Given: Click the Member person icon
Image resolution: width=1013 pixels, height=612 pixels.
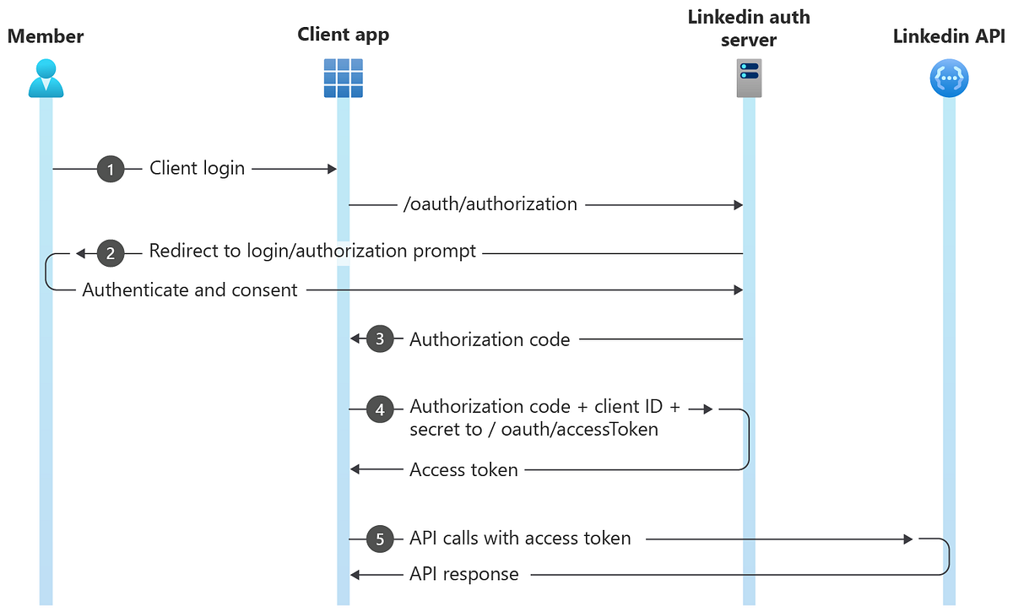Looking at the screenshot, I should pyautogui.click(x=46, y=79).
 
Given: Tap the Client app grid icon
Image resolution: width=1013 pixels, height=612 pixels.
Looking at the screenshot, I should pyautogui.click(x=344, y=79).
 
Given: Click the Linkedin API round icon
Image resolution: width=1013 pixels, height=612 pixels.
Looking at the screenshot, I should pyautogui.click(x=949, y=79).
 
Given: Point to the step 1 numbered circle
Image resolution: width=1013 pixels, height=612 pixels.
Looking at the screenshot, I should pyautogui.click(x=110, y=169).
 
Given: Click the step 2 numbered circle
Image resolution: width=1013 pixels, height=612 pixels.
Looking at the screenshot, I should pyautogui.click(x=110, y=252).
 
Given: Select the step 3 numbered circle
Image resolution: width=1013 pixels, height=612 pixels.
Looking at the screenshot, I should pyautogui.click(x=380, y=339).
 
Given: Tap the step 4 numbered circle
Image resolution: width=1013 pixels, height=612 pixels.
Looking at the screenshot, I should pyautogui.click(x=380, y=409).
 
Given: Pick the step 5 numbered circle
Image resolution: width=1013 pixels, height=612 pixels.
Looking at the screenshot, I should pyautogui.click(x=380, y=539).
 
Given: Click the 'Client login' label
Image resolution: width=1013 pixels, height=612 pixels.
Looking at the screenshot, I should pyautogui.click(x=197, y=169).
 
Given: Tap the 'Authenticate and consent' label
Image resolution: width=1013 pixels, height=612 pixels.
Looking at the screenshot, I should pyautogui.click(x=190, y=290).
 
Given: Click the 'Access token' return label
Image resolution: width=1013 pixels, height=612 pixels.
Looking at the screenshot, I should pyautogui.click(x=463, y=470).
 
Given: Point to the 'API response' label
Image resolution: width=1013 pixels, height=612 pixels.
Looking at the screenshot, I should pyautogui.click(x=463, y=575).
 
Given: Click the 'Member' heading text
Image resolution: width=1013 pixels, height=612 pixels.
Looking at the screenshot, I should pyautogui.click(x=46, y=36).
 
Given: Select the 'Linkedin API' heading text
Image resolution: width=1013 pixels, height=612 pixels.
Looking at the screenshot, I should pyautogui.click(x=948, y=36).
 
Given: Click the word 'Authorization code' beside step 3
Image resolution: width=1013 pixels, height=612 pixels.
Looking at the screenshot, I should pyautogui.click(x=490, y=340).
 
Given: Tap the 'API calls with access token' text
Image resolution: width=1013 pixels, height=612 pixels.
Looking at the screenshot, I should pyautogui.click(x=520, y=539).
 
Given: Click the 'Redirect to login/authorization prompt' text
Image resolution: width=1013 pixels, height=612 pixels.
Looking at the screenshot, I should pyautogui.click(x=312, y=252).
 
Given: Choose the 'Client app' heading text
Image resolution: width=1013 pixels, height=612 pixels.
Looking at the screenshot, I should pyautogui.click(x=344, y=35).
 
